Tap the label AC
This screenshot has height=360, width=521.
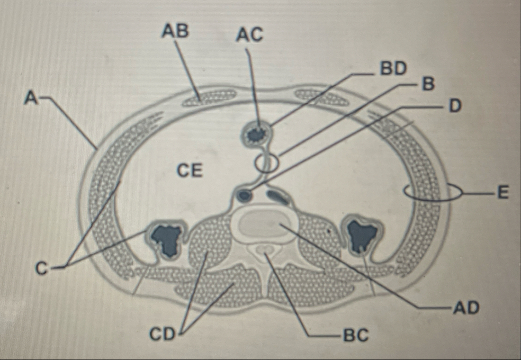click(250, 34)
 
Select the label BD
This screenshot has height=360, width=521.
click(393, 69)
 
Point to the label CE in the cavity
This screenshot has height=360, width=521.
click(190, 170)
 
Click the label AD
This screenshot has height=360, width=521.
click(467, 308)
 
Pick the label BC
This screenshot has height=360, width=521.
click(356, 335)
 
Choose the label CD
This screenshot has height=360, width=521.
click(162, 334)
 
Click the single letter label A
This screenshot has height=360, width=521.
click(31, 98)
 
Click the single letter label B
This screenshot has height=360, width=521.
click(428, 84)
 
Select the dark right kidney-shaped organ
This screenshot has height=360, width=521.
click(362, 234)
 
